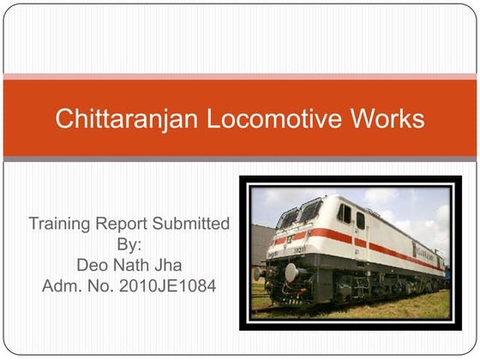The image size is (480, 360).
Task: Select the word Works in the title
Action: [387, 119]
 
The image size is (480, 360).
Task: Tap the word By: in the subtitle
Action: [129, 244]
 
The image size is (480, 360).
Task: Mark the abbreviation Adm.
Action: [62, 284]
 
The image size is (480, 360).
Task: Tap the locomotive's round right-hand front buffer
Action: [291, 273]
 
